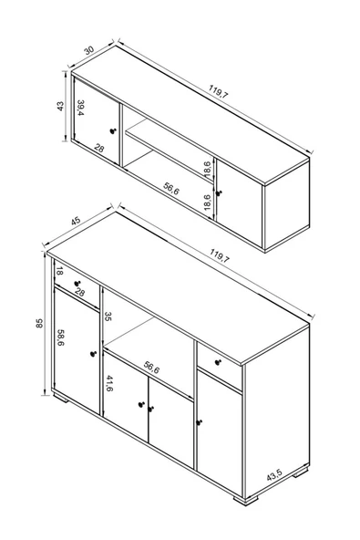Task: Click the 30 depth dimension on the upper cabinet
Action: [x=88, y=50]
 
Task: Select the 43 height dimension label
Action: [x=60, y=106]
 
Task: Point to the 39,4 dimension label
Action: [x=80, y=108]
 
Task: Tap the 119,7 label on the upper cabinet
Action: [x=218, y=92]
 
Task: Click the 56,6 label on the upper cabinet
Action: [x=171, y=189]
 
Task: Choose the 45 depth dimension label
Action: [x=76, y=221]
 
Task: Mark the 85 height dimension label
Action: [x=39, y=323]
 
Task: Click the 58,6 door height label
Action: [x=60, y=337]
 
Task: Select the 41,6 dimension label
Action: [x=109, y=383]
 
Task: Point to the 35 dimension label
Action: [x=108, y=317]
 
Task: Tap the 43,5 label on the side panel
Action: [x=274, y=475]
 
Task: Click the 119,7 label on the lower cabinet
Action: [x=220, y=256]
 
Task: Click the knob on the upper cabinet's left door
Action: [x=112, y=130]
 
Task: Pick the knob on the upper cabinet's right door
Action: [x=218, y=193]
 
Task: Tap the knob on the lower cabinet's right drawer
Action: [x=218, y=362]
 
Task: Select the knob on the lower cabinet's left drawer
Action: [x=77, y=284]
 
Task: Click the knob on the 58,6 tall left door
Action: [x=93, y=354]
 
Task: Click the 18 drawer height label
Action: [x=59, y=271]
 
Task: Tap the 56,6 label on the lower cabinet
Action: [x=151, y=368]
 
